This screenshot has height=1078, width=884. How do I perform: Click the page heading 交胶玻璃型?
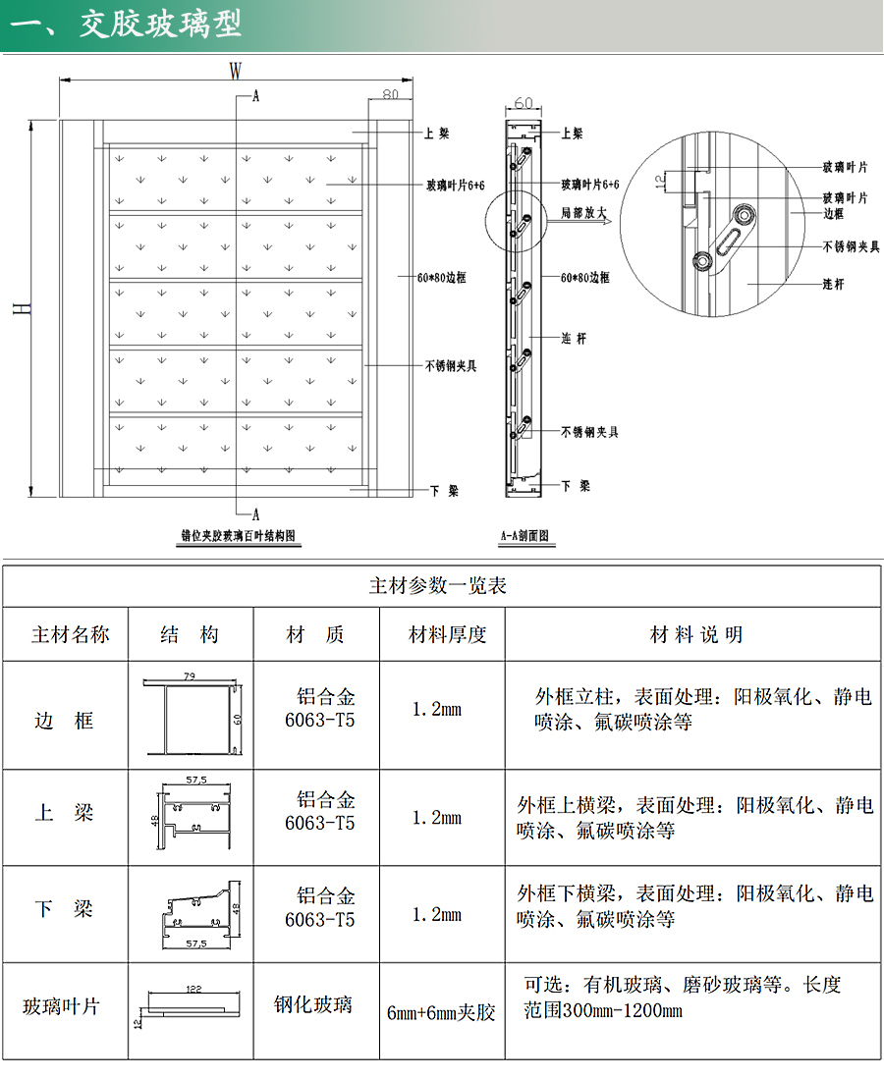(x=161, y=25)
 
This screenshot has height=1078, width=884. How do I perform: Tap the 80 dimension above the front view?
(x=389, y=95)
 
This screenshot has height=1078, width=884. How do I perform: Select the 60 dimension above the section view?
(x=523, y=103)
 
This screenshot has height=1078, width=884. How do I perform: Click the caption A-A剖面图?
(x=524, y=537)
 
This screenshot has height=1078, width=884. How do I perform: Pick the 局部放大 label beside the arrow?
(x=583, y=212)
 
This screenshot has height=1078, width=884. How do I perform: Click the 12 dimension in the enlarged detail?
(x=659, y=180)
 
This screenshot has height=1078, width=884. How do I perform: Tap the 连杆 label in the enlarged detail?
(x=833, y=284)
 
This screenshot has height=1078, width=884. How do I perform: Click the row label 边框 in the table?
(x=65, y=721)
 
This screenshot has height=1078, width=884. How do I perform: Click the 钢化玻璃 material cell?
(x=313, y=1004)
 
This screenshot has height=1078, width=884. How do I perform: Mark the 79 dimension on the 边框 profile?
(x=190, y=675)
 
